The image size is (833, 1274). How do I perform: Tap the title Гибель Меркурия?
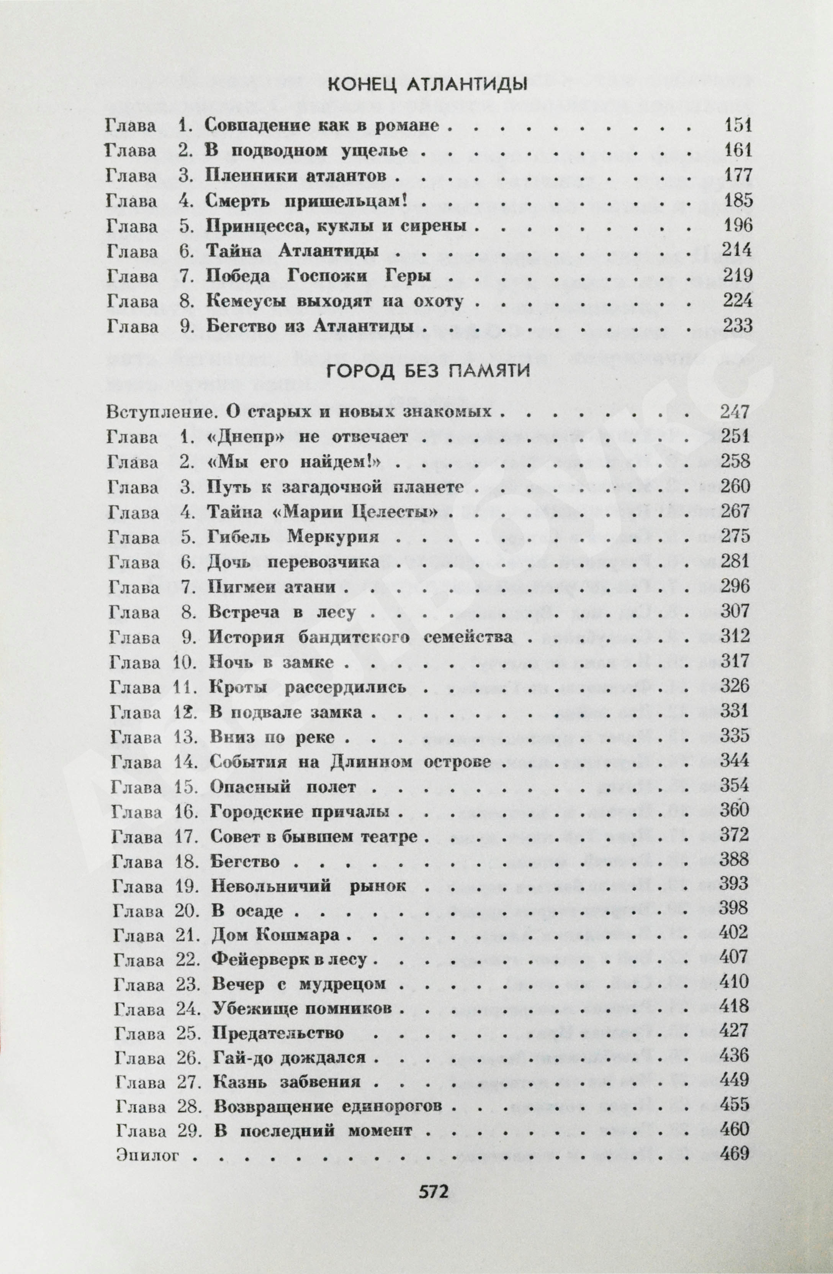(293, 537)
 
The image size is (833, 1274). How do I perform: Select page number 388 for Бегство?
(735, 860)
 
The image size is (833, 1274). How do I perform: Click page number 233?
(737, 325)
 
